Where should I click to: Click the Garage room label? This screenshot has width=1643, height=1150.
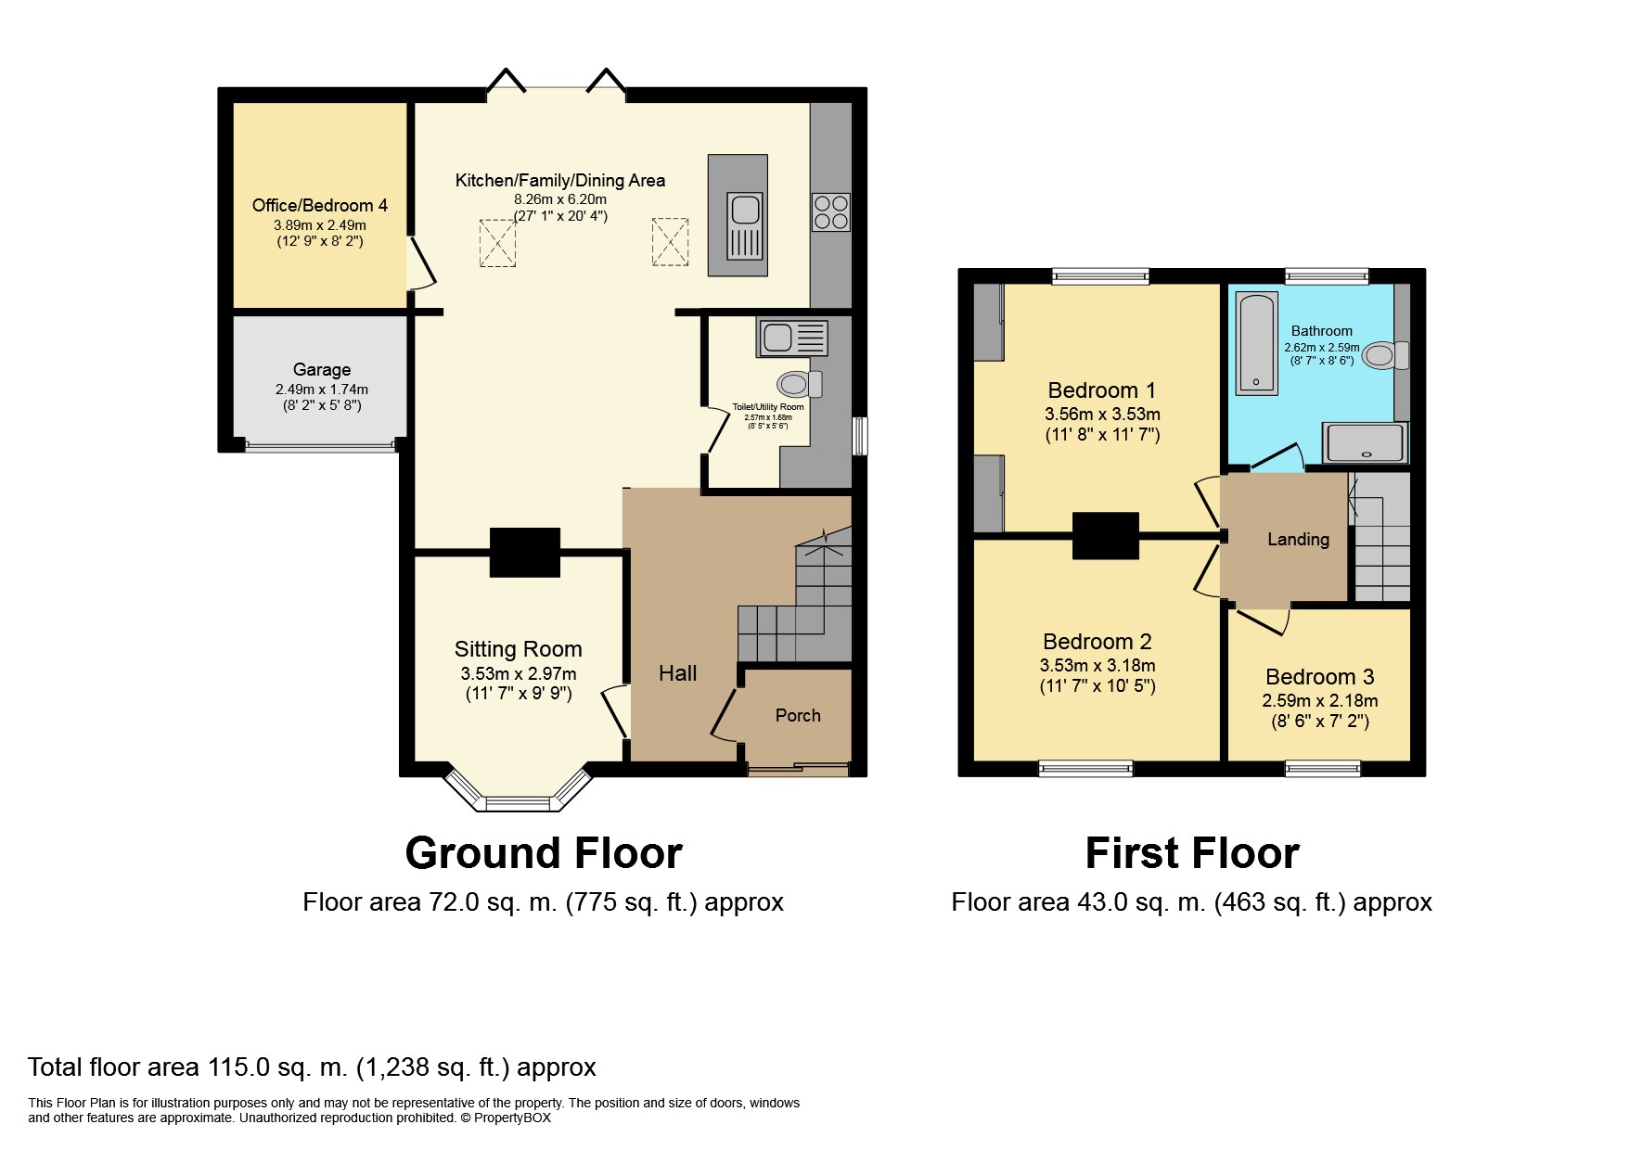tap(322, 369)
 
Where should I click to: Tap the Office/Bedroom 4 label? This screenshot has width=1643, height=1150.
tap(320, 205)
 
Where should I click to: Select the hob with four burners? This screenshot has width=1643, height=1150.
tap(830, 211)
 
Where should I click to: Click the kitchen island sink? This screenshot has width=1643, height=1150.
tap(745, 226)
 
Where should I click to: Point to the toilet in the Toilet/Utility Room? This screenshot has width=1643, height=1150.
tap(799, 383)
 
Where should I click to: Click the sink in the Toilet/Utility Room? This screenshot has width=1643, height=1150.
tap(792, 338)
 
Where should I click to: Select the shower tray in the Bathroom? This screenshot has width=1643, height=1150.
tap(1365, 442)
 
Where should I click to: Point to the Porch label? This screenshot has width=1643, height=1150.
tap(798, 715)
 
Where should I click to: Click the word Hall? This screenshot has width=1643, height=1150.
tap(677, 673)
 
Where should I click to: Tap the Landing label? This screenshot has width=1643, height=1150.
tap(1298, 539)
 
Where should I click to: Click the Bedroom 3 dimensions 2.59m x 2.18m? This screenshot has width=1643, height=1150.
tap(1320, 701)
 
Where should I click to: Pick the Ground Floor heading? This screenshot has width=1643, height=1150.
tap(544, 853)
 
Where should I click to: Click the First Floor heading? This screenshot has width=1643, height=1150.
tap(1192, 853)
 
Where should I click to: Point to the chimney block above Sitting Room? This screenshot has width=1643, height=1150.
tap(524, 553)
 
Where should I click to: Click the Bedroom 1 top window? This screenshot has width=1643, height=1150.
tap(1100, 275)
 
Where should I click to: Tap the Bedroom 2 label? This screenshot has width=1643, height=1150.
tap(1097, 641)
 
